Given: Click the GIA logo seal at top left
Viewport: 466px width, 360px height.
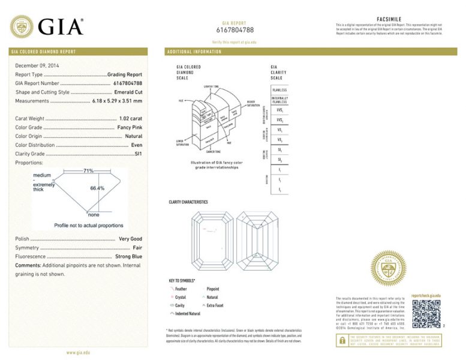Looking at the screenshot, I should coord(22,27).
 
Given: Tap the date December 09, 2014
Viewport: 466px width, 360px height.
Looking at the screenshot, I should coord(37,65).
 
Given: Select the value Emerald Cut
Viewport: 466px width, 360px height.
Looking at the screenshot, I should coord(128,92).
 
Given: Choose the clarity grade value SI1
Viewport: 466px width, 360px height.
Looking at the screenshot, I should coord(138,154).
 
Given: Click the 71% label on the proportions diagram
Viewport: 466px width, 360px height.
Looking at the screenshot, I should coord(88,171).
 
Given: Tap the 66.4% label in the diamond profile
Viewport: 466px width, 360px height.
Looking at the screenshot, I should coord(97,188).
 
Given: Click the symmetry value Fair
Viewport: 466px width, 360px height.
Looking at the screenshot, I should coord(137,247).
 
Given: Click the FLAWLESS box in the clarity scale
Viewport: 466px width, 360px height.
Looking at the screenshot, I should coord(279,90).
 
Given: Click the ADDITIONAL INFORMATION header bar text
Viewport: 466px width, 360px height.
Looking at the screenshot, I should coord(193,52).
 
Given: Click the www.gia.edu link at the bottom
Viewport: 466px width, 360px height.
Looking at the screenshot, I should coord(78,352).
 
